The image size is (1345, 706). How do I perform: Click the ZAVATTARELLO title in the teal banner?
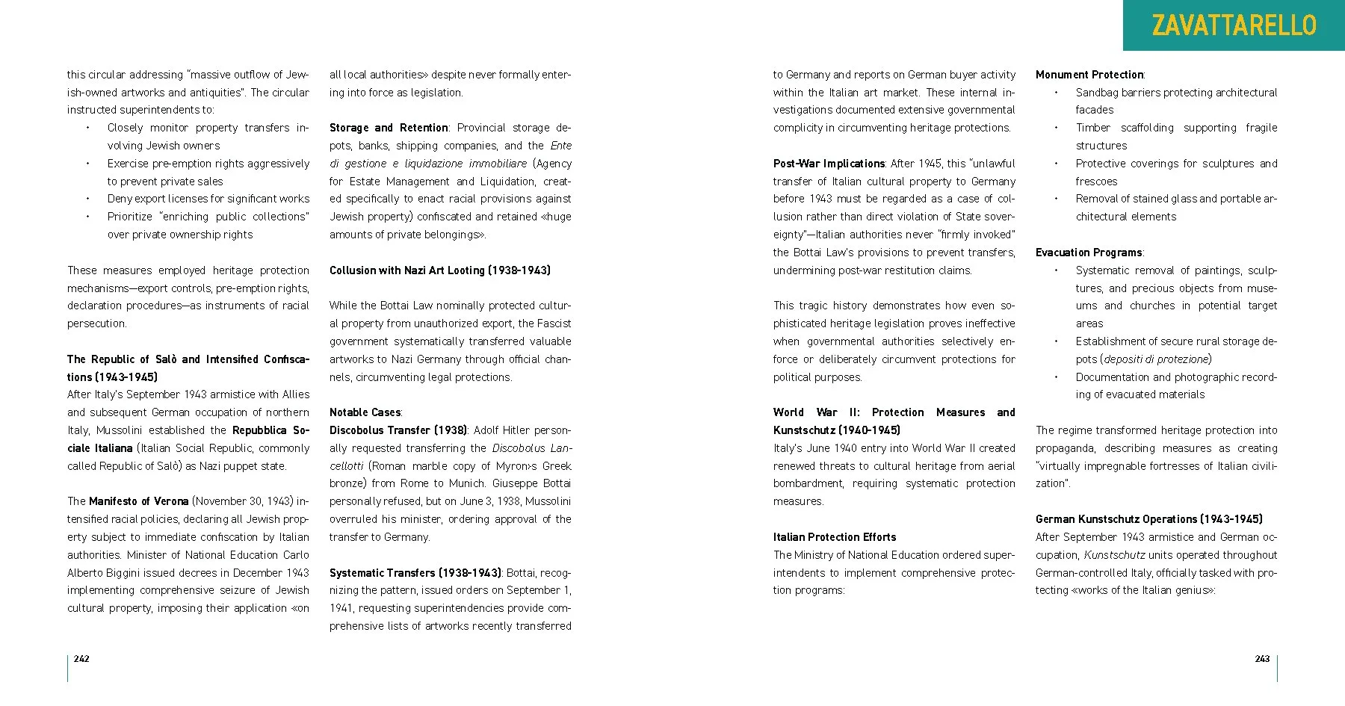coord(1234,25)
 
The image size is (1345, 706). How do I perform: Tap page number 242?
coord(81,658)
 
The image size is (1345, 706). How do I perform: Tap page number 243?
coord(1262,658)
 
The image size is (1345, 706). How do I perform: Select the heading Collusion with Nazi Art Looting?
coord(439,270)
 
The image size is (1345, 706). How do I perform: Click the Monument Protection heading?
coord(1089,75)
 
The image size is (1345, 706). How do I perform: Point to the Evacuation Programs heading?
coord(1089,253)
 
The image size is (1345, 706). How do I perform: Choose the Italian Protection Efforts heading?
coord(834,537)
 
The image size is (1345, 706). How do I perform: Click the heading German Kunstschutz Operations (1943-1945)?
coord(1148,519)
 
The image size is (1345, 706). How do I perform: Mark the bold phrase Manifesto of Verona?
coord(138,501)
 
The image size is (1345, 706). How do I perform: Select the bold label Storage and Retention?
coord(388,128)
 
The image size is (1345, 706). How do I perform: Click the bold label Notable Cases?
coord(365,412)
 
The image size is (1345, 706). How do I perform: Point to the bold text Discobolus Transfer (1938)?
coord(398,430)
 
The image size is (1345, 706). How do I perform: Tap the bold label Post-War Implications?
coord(829,164)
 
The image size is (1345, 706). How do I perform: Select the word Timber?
coord(1092,128)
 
